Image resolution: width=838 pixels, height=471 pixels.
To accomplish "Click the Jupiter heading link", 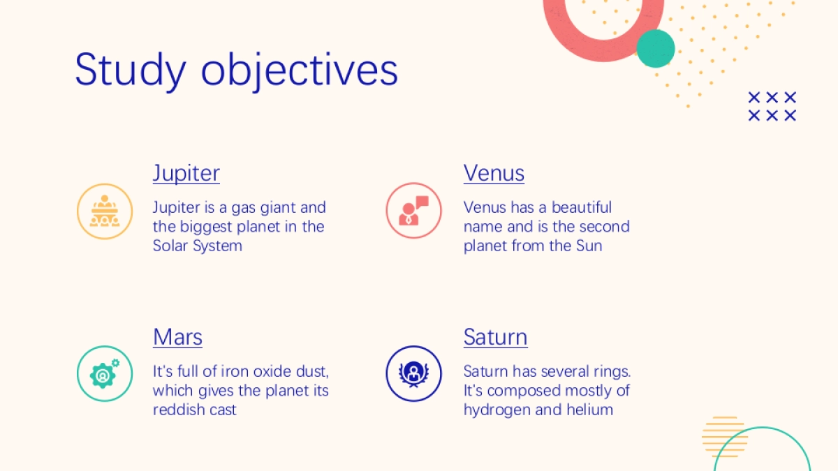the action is click(186, 173).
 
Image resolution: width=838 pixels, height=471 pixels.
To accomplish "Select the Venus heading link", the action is click(494, 173).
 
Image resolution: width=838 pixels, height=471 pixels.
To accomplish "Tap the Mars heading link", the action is click(177, 337).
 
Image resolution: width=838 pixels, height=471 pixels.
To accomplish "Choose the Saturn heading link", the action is click(495, 337).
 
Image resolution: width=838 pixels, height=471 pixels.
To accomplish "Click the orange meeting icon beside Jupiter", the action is click(105, 211).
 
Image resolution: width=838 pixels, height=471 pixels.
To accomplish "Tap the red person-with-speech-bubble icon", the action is click(413, 211).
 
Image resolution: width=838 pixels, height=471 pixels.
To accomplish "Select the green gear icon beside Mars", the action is click(105, 373).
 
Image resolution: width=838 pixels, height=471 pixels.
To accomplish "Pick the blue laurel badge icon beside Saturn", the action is click(413, 373).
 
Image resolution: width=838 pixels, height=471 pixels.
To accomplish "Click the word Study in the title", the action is click(131, 70).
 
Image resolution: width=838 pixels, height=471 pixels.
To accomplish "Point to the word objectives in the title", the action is click(300, 70).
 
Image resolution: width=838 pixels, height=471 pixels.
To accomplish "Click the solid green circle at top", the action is click(656, 49).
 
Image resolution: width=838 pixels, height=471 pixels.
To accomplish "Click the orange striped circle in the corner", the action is click(725, 437).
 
